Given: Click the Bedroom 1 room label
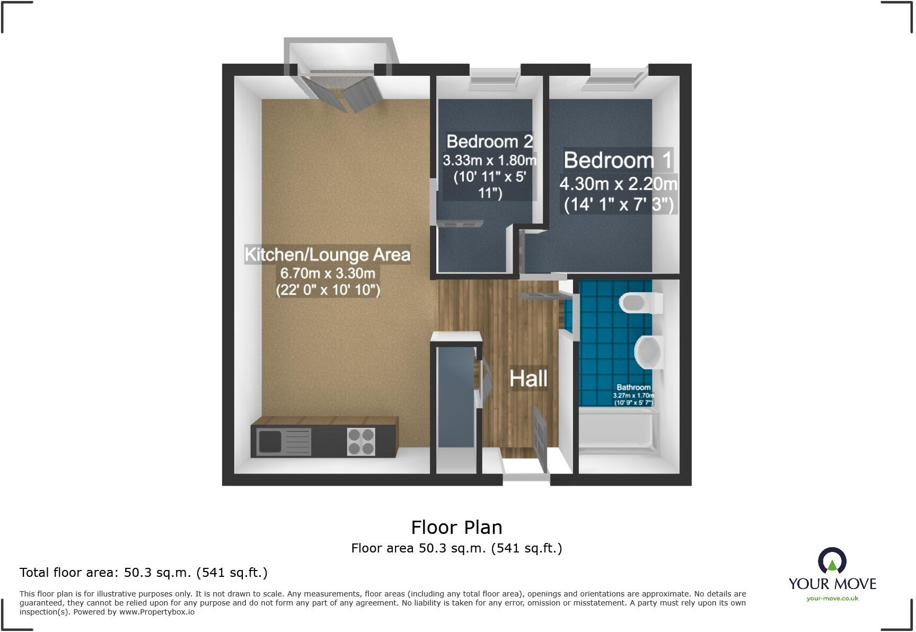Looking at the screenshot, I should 618,160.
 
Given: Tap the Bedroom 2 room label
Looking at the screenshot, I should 489,142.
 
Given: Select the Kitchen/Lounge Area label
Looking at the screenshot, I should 327,255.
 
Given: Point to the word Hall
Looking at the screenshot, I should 528,379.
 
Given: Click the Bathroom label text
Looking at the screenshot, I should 633,388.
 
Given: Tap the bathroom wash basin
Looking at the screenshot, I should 648,352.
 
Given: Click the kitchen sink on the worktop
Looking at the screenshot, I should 270,442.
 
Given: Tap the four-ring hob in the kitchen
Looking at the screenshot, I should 361,442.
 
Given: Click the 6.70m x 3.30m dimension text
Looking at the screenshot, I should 328,274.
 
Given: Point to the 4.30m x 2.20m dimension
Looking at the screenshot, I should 618,184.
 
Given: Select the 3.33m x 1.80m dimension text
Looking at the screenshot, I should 489,160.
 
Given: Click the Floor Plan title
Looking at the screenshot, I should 456,527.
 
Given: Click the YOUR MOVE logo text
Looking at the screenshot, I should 832,584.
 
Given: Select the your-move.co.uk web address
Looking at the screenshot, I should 832,599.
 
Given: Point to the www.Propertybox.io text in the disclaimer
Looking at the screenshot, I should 156,612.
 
